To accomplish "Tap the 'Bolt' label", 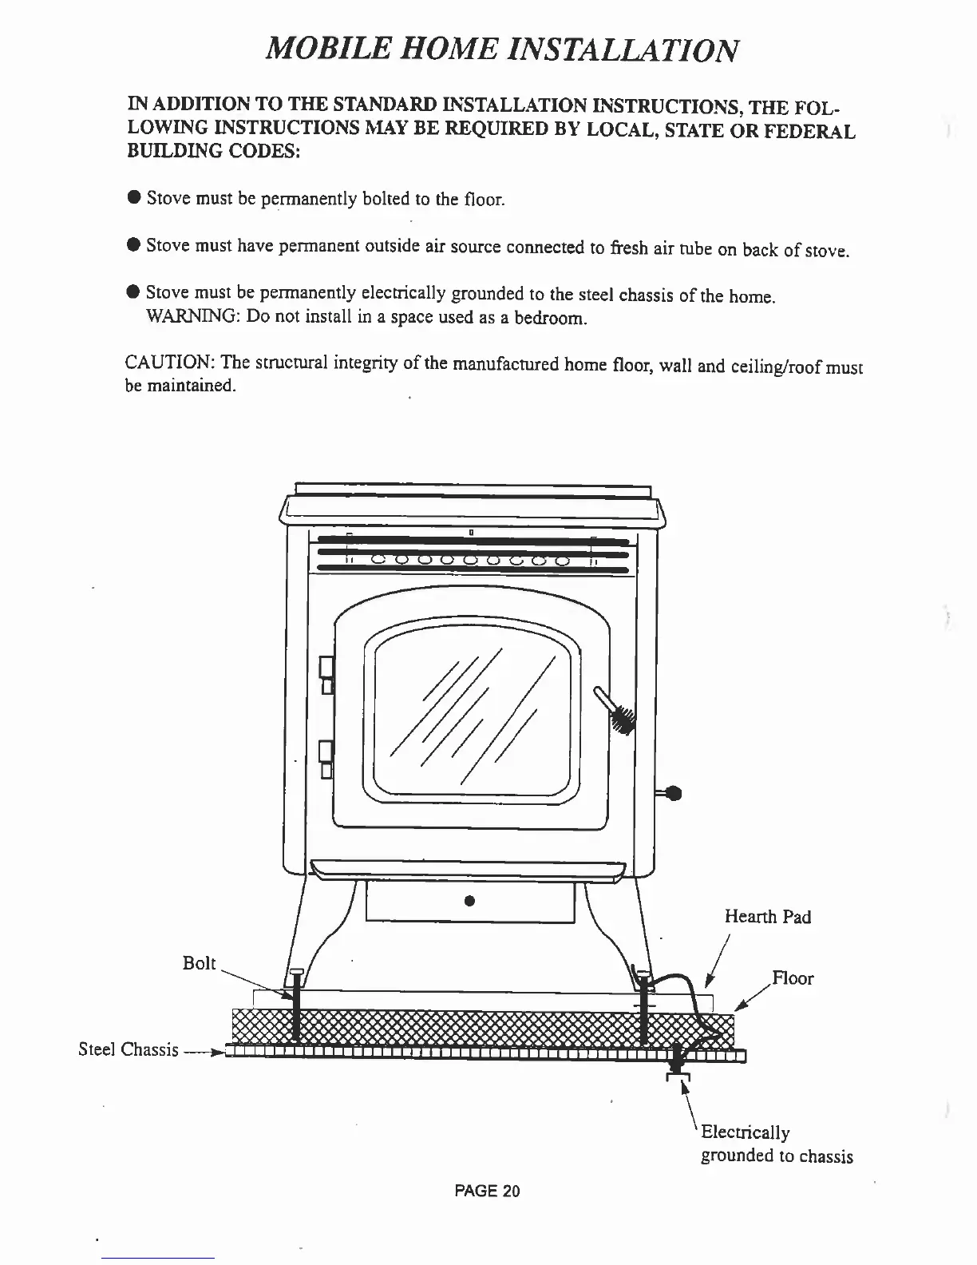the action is pos(199,963).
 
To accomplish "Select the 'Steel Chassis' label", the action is pos(128,1049).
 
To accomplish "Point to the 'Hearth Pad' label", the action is pos(767,916).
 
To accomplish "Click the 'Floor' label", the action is pos(793,978).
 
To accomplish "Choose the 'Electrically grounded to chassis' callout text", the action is pos(776,1144).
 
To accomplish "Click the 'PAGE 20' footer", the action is pos(487,1192).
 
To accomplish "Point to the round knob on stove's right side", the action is pos(673,793).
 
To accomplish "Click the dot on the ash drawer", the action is pos(469,902).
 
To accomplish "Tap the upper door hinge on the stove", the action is pos(326,674).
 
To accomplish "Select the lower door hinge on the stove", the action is pos(326,759).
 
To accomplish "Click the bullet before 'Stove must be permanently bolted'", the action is pos(134,197).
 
